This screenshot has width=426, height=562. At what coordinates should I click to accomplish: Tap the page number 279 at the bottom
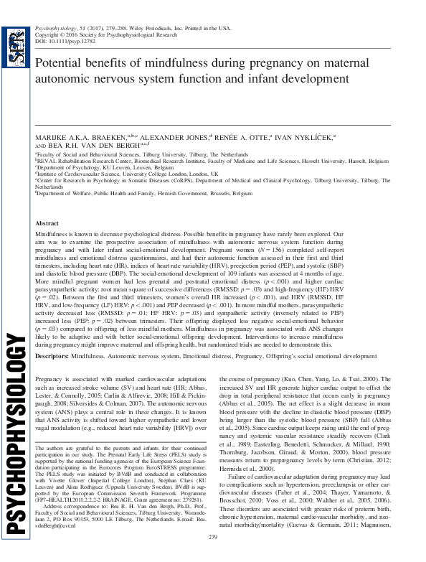click(212, 558)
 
